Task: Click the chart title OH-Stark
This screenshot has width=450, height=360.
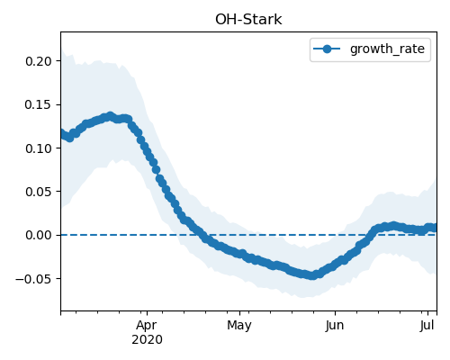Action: pyautogui.click(x=248, y=20)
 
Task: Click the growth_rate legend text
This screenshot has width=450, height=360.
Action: pyautogui.click(x=387, y=49)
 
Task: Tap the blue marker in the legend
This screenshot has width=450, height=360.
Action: pyautogui.click(x=327, y=49)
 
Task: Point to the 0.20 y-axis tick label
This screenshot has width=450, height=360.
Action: pyautogui.click(x=39, y=61)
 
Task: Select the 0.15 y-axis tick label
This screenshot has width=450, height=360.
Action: pyautogui.click(x=39, y=104)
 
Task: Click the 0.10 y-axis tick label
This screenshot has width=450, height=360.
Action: pyautogui.click(x=39, y=148)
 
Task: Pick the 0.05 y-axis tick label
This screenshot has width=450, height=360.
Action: pyautogui.click(x=39, y=192)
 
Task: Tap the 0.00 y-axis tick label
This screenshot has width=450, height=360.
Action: pyautogui.click(x=39, y=235)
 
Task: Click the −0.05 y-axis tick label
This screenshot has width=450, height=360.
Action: pyautogui.click(x=34, y=279)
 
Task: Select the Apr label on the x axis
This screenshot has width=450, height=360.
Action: pyautogui.click(x=147, y=326)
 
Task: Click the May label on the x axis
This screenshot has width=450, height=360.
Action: pyautogui.click(x=239, y=326)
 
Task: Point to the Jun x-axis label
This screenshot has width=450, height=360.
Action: pyautogui.click(x=335, y=325)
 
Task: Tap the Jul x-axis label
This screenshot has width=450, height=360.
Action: pyautogui.click(x=427, y=325)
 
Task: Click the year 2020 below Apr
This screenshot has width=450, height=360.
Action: pyautogui.click(x=147, y=340)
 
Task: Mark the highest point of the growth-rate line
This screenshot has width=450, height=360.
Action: pyautogui.click(x=111, y=116)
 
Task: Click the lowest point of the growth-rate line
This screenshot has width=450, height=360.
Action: pyautogui.click(x=312, y=275)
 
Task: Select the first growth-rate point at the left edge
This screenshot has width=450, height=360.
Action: pyautogui.click(x=61, y=133)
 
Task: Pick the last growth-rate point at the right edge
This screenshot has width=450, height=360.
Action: pyautogui.click(x=434, y=228)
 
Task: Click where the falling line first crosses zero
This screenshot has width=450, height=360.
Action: pyautogui.click(x=201, y=235)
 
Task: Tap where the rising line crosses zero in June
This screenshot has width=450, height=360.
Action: pyautogui.click(x=370, y=235)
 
